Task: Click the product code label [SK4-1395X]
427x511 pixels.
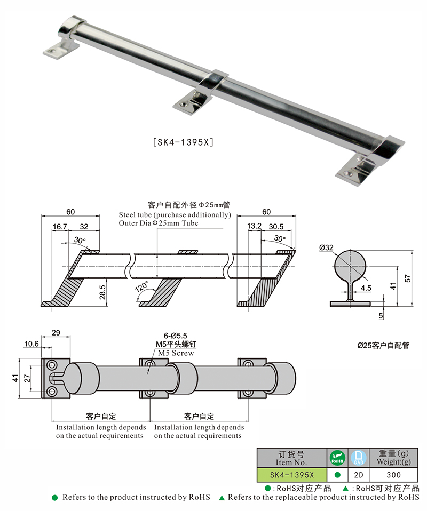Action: point(183,142)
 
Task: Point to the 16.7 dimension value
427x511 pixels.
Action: point(60,227)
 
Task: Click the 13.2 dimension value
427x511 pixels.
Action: point(254,227)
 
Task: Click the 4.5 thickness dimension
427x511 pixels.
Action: point(366,288)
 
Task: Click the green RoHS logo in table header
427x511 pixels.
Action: point(337,458)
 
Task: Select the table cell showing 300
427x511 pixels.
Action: point(394,474)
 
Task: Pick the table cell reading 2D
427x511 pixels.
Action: point(358,474)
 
